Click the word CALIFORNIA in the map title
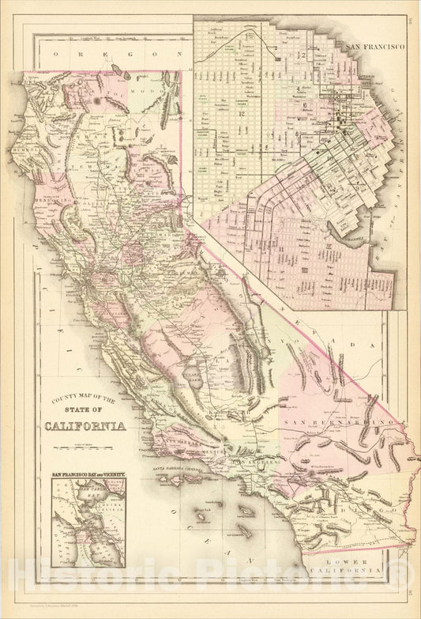point(88,427)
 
